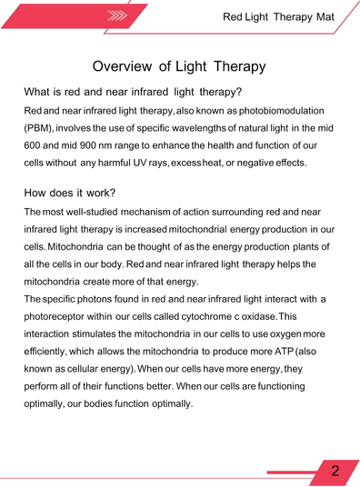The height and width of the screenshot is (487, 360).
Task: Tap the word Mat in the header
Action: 325,17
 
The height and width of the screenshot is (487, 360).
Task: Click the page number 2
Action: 335,471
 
